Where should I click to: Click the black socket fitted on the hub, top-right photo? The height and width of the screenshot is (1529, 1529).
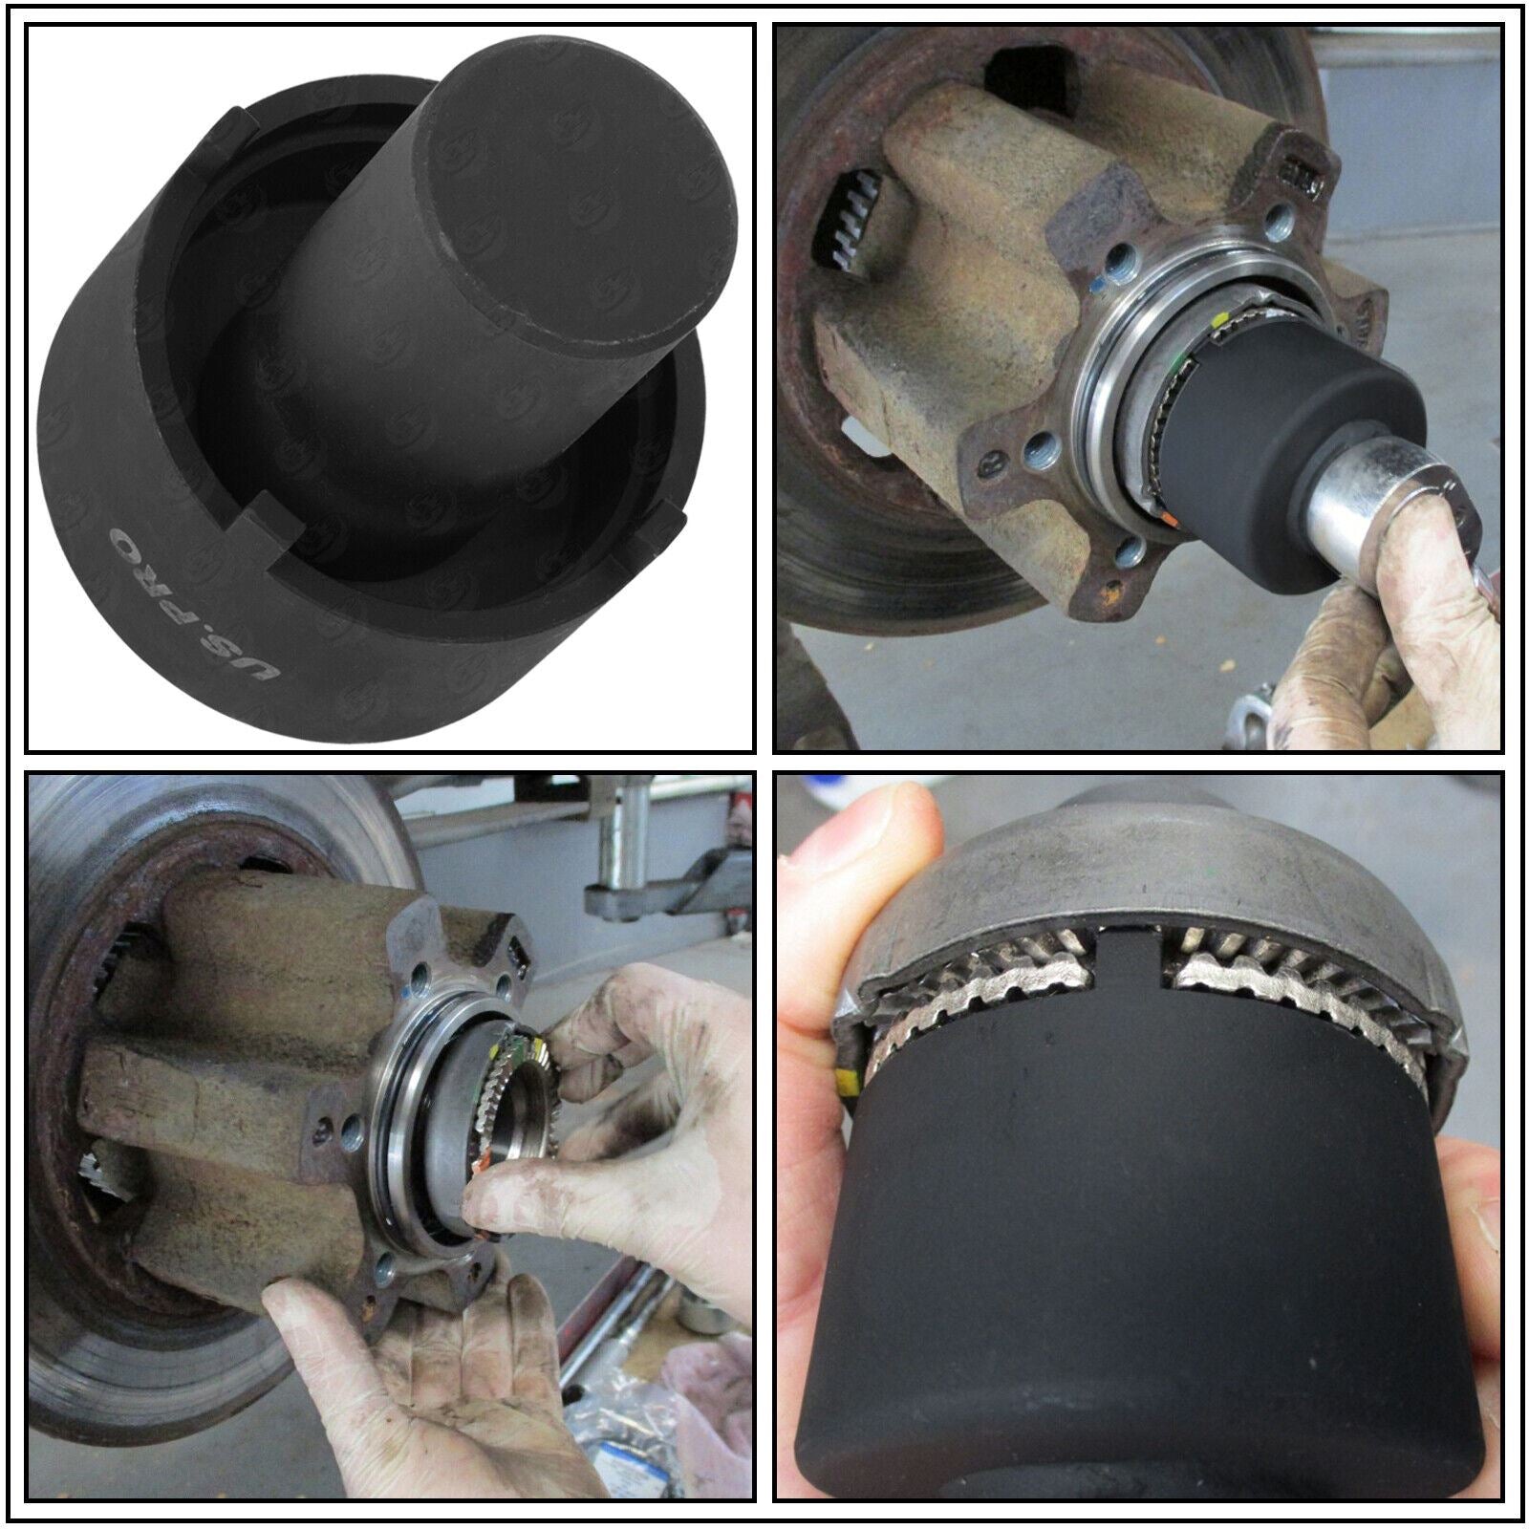tap(1261, 449)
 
